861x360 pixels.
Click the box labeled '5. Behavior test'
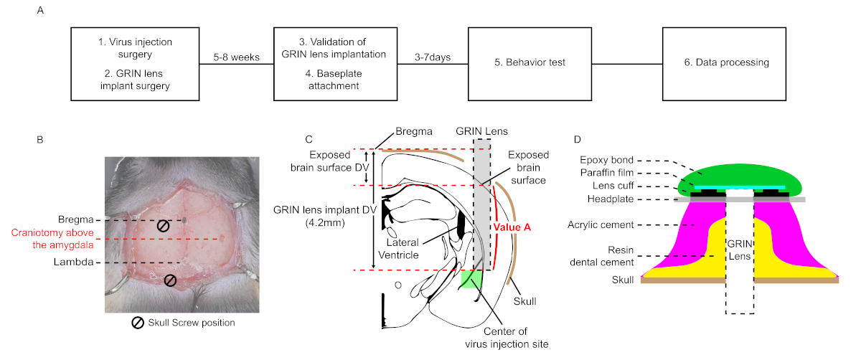pos(530,62)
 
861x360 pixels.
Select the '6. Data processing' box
pos(726,62)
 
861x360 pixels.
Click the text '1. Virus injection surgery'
pos(136,48)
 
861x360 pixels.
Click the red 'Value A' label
pos(512,227)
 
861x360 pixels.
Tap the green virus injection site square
pos(471,278)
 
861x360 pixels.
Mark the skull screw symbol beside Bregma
pos(164,226)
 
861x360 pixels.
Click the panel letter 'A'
pos(40,11)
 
